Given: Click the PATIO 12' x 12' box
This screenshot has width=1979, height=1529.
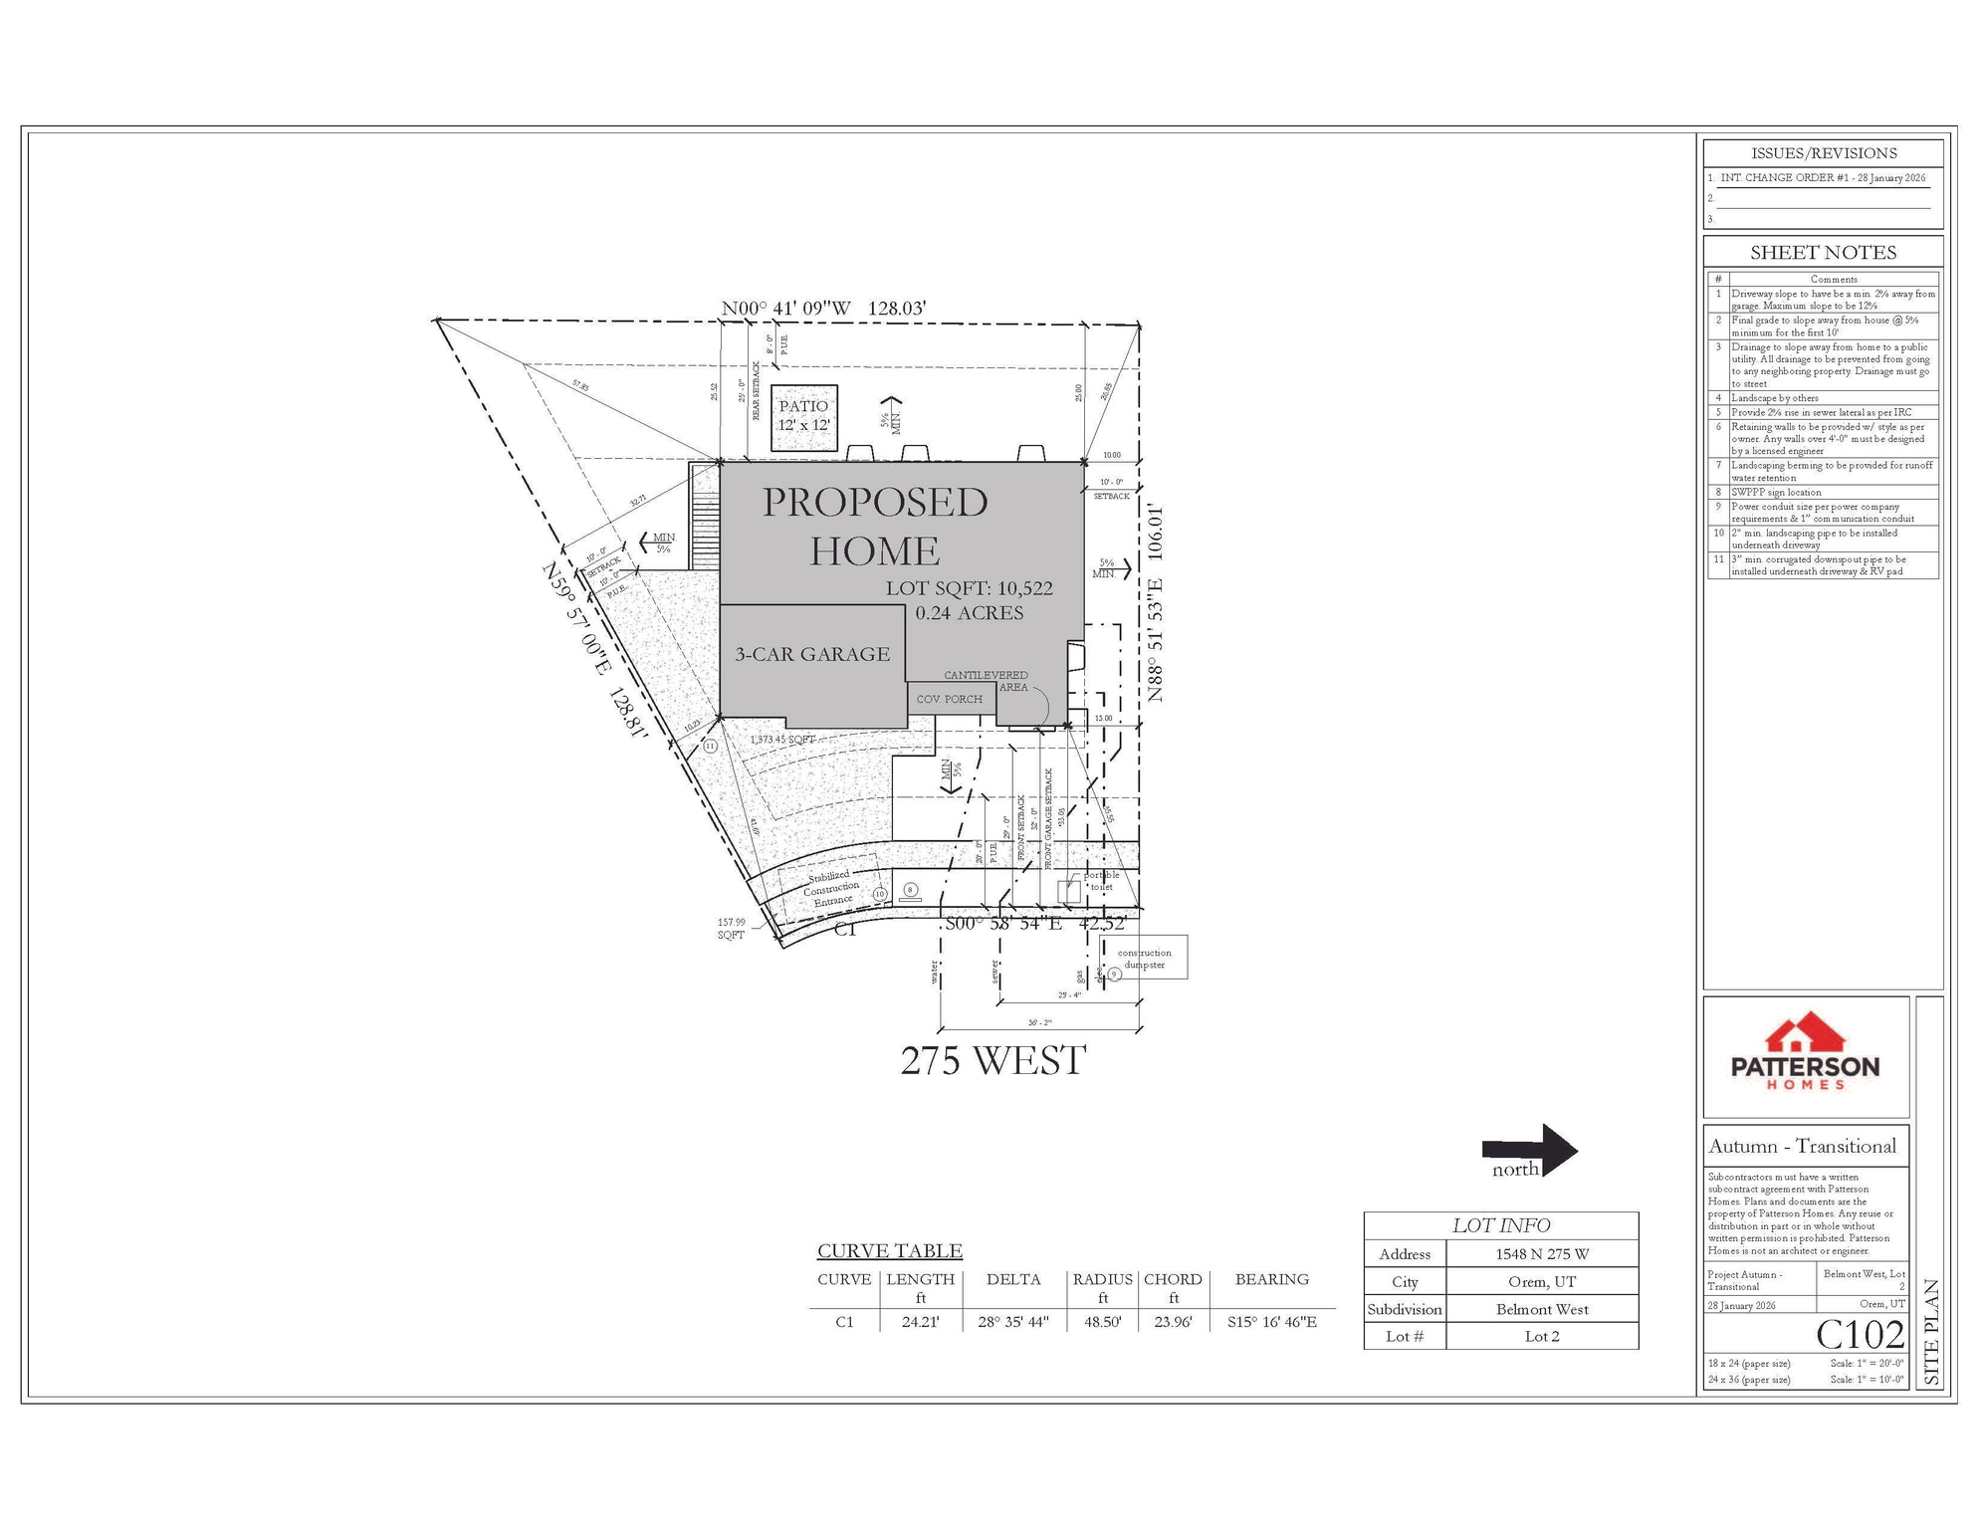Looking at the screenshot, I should tap(804, 416).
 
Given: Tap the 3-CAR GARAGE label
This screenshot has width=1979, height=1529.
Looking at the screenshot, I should tap(812, 654).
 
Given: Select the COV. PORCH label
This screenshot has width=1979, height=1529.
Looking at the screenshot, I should tap(949, 699).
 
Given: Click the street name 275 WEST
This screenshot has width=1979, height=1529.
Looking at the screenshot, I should tap(992, 1061).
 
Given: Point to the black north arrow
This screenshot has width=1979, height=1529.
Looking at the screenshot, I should tap(1530, 1151).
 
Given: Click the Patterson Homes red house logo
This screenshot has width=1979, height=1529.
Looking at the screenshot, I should tap(1805, 1034).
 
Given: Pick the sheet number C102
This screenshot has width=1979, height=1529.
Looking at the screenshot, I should tap(1860, 1334).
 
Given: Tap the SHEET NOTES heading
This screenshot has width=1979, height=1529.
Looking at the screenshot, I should tap(1823, 253).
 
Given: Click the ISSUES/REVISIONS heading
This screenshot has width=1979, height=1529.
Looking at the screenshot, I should tap(1823, 153).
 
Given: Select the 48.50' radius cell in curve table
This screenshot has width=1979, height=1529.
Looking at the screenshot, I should tap(1103, 1322).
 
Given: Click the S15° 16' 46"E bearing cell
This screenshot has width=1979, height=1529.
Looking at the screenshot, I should tap(1271, 1322).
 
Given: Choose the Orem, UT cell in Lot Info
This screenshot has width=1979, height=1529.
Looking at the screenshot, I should tap(1541, 1282).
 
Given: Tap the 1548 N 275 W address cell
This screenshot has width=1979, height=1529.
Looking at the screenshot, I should tap(1541, 1254).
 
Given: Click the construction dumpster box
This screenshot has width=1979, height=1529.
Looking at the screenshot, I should tap(1145, 958).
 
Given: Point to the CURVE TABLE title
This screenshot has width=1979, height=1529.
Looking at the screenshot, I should tap(889, 1251).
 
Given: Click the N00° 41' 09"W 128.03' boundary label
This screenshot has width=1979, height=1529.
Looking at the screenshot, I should tap(823, 309).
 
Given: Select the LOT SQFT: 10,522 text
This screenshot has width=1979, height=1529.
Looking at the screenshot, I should tap(969, 588).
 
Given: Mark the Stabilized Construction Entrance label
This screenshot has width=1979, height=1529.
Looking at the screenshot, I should tap(830, 888).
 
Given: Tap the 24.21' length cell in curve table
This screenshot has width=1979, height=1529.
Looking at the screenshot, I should tap(920, 1322).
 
